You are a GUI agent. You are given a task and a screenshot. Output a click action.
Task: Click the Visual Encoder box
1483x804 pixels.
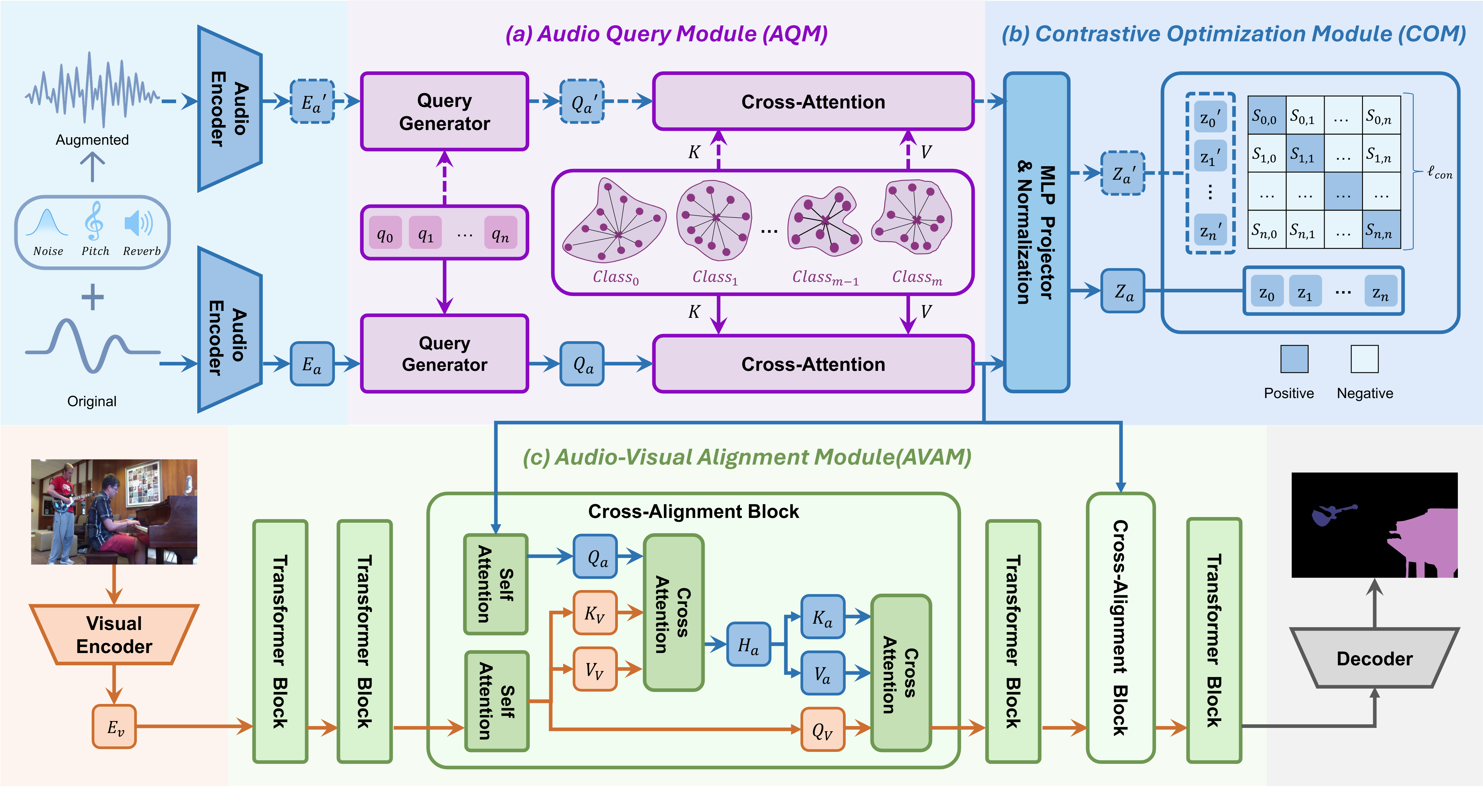(x=114, y=635)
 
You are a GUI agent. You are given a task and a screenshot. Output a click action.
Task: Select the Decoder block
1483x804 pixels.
(x=1374, y=658)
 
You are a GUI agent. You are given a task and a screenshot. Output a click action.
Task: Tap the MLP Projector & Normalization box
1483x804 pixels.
(x=1036, y=233)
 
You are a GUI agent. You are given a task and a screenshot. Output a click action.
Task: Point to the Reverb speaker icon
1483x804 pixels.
(x=138, y=223)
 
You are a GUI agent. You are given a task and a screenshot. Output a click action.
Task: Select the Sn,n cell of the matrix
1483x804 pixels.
(x=1381, y=230)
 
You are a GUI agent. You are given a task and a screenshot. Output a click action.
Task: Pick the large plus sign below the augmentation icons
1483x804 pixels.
(x=92, y=297)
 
